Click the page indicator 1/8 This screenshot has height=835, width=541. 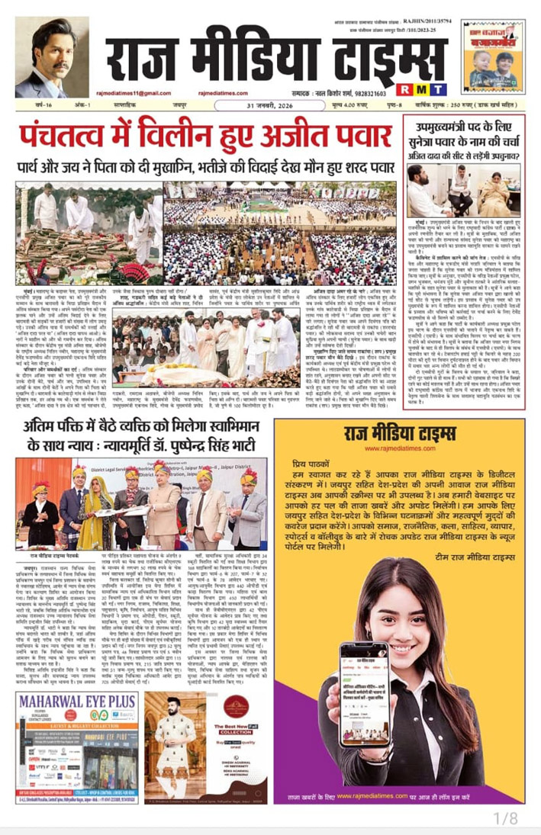pos(506,819)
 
